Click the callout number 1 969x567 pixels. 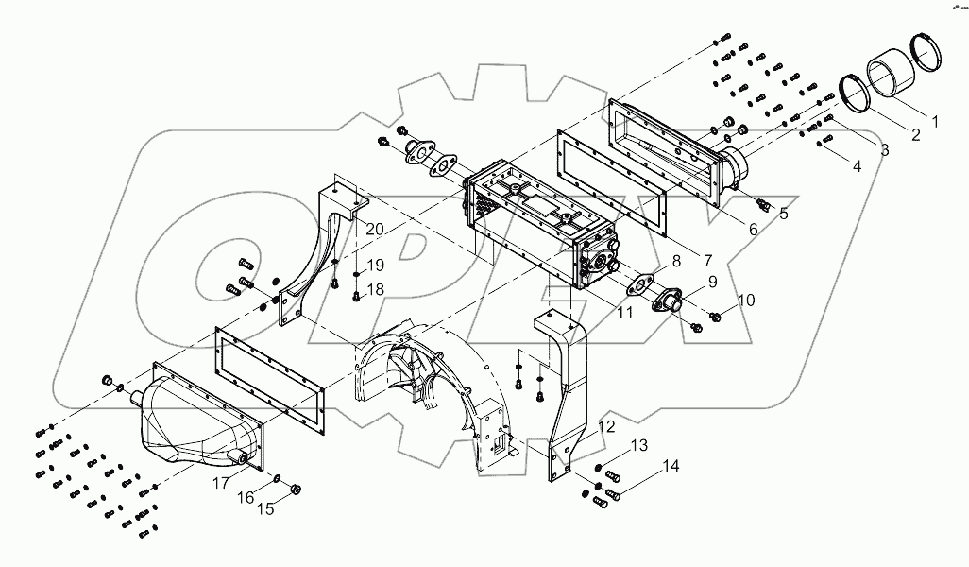(x=935, y=121)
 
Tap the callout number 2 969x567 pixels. (x=915, y=135)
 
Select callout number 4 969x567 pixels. (x=858, y=166)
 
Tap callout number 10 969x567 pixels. (x=746, y=301)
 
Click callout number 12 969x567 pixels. (x=606, y=427)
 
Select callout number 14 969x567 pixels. (x=671, y=466)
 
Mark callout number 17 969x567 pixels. (x=220, y=482)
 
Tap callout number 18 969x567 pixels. (x=376, y=290)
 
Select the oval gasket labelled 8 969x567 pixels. (x=642, y=283)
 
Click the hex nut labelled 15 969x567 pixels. (x=294, y=489)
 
